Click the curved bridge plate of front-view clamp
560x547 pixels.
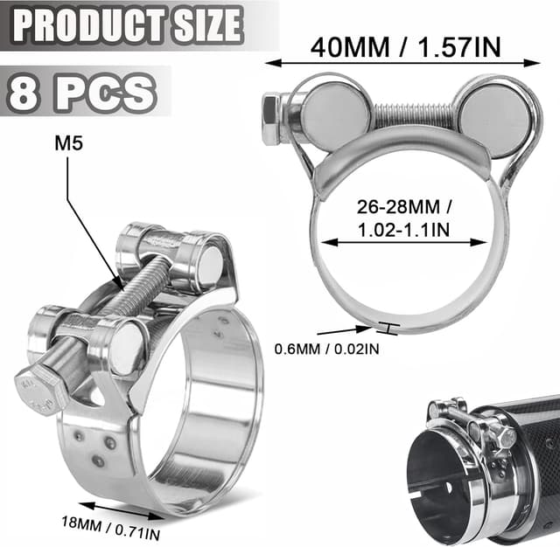[407, 156]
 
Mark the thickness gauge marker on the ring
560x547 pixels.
[385, 328]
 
